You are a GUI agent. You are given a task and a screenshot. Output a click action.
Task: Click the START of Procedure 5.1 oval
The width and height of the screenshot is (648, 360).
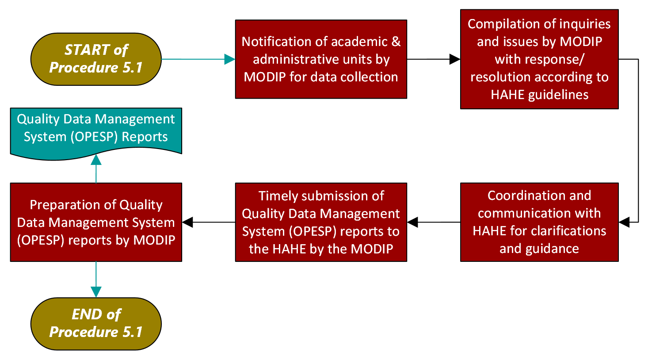coord(96,59)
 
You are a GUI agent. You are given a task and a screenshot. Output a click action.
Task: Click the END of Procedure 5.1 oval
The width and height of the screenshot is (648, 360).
coord(96,323)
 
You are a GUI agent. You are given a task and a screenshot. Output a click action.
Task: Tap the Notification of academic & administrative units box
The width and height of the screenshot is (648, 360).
coord(321,59)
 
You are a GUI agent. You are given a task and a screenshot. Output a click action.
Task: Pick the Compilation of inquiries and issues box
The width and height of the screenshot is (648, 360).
coord(539,59)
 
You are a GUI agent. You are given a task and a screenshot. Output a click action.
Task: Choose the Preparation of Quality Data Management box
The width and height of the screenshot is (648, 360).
coord(96,222)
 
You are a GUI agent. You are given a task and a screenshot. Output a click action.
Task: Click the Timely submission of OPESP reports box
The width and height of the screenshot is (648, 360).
coord(321,222)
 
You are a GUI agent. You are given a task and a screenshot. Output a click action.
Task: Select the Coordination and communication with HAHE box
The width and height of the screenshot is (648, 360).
coord(539,222)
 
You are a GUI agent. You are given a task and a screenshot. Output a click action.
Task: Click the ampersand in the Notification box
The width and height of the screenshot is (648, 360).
coord(396,42)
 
